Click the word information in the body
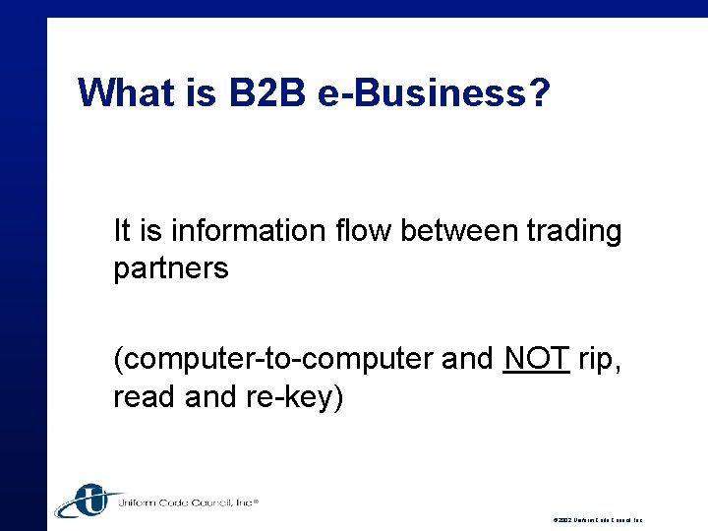click(232, 231)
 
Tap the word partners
click(171, 267)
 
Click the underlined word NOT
click(536, 360)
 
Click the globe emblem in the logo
click(88, 500)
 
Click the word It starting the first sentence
click(122, 231)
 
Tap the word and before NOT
click(468, 360)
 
